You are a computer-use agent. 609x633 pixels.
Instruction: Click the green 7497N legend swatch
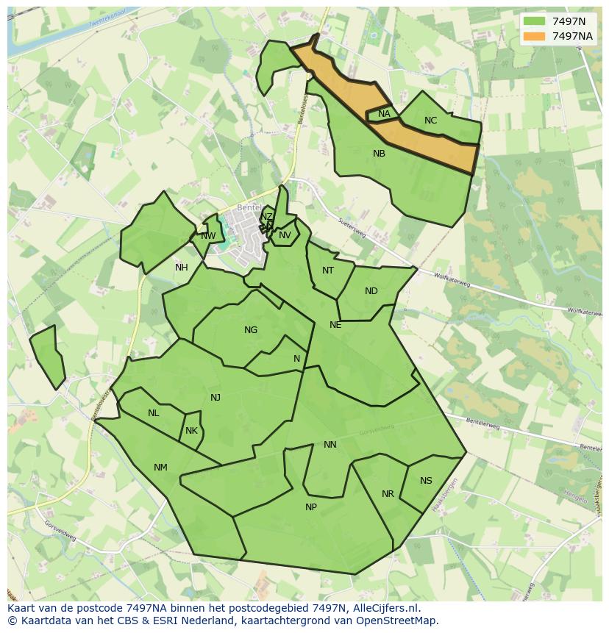pyautogui.click(x=534, y=21)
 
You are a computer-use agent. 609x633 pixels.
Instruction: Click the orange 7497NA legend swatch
pyautogui.click(x=534, y=36)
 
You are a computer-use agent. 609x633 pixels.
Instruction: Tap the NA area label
pyautogui.click(x=384, y=114)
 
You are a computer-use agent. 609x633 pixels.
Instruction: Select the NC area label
pyautogui.click(x=430, y=121)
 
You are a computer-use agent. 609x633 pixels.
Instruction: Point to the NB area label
pyautogui.click(x=379, y=154)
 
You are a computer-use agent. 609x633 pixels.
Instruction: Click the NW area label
pyautogui.click(x=208, y=236)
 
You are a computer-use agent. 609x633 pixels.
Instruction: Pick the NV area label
pyautogui.click(x=285, y=235)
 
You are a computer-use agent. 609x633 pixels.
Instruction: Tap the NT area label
pyautogui.click(x=328, y=271)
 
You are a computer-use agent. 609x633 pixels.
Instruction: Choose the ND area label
pyautogui.click(x=371, y=291)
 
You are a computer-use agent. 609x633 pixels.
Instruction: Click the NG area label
pyautogui.click(x=251, y=330)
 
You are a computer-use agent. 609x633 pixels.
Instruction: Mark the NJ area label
pyautogui.click(x=216, y=398)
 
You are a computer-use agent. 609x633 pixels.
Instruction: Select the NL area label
pyautogui.click(x=153, y=413)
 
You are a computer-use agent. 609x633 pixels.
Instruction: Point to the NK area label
pyautogui.click(x=191, y=431)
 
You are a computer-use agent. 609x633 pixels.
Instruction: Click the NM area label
pyautogui.click(x=160, y=468)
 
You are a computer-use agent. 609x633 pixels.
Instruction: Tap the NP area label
pyautogui.click(x=311, y=507)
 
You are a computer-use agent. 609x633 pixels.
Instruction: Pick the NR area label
pyautogui.click(x=388, y=494)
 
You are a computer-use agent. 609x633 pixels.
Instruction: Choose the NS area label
pyautogui.click(x=426, y=481)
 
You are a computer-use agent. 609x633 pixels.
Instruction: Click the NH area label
pyautogui.click(x=181, y=268)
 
